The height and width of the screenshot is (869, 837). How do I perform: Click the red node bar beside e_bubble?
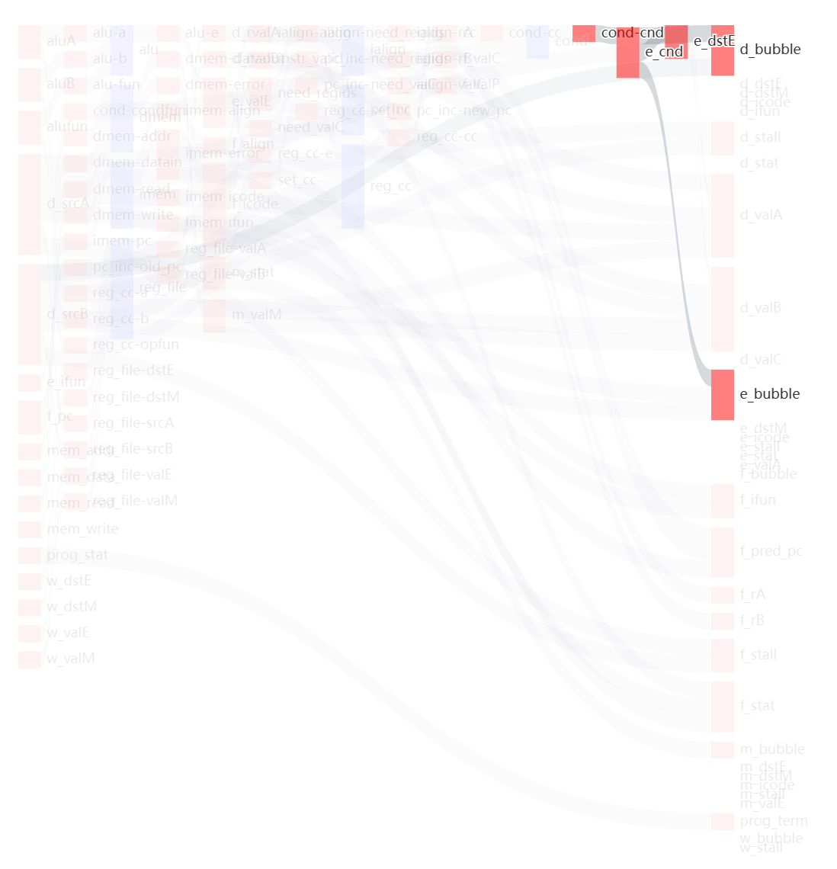click(722, 394)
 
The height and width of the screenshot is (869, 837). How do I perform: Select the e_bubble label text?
click(770, 394)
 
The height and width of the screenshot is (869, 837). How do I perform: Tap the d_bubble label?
click(770, 50)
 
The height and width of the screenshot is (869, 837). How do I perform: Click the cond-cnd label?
click(632, 33)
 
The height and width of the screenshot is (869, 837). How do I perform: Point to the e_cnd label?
click(664, 52)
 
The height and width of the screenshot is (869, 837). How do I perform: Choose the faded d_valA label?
click(761, 215)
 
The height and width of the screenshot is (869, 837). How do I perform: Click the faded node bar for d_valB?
click(722, 309)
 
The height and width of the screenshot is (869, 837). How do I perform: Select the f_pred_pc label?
click(771, 551)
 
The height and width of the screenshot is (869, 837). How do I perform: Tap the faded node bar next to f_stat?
click(722, 707)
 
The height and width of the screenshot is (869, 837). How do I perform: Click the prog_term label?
click(774, 821)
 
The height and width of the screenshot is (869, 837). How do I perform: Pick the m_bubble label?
click(772, 749)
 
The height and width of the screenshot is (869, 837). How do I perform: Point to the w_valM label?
click(71, 659)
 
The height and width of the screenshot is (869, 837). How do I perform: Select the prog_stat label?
click(77, 555)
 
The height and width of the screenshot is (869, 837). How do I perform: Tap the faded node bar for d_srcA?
click(29, 204)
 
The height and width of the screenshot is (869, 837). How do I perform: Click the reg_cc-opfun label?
click(136, 345)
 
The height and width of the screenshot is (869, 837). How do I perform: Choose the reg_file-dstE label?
click(133, 370)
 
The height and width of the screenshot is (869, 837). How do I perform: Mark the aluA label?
click(61, 41)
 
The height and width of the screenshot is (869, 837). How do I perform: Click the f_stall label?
click(758, 655)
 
